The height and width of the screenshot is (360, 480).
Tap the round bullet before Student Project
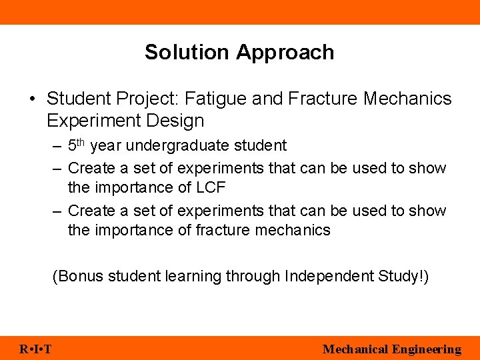point(32,99)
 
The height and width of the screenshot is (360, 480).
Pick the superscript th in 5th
point(81,142)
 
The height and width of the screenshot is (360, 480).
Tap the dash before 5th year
point(57,146)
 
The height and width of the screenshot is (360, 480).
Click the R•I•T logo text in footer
point(37,349)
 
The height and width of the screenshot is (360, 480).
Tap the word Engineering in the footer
point(427,349)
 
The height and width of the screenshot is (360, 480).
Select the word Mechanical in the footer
point(355,349)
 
